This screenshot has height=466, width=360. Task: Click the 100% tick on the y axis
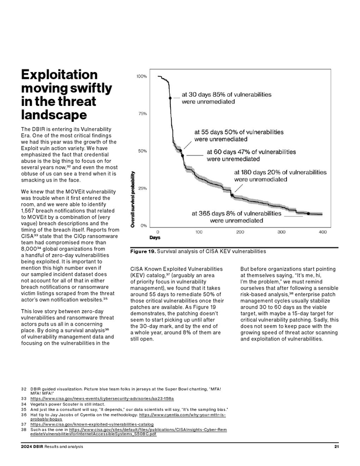tap(141, 76)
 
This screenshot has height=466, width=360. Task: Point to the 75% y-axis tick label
tap(142, 114)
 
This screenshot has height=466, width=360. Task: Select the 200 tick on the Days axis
tap(240, 232)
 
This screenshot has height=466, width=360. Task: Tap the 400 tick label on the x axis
tap(322, 232)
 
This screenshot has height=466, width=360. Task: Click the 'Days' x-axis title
tap(155, 238)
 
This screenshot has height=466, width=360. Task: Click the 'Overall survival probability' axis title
tap(133, 200)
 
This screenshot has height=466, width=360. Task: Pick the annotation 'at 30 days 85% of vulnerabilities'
tap(226, 95)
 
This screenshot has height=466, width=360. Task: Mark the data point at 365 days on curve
tap(308, 213)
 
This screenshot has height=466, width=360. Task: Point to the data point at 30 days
tap(170, 98)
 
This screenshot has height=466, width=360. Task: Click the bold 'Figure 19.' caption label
tap(142, 252)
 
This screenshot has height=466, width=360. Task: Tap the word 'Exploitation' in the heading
tap(59, 75)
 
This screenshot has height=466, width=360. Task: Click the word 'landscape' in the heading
tap(54, 115)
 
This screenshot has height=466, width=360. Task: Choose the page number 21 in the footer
tap(336, 446)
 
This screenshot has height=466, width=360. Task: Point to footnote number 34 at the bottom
tap(24, 404)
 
